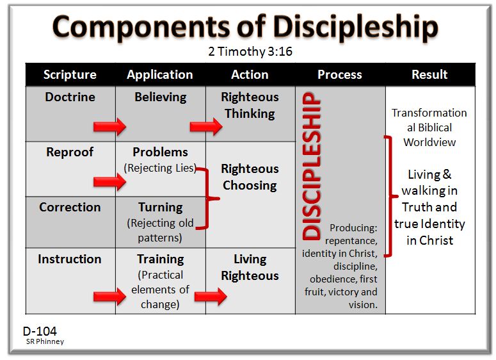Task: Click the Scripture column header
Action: (70, 75)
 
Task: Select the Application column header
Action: (160, 75)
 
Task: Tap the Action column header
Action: (250, 75)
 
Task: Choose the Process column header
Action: (340, 75)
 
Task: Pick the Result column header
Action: (429, 75)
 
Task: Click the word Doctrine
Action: (70, 97)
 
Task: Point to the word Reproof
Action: (70, 152)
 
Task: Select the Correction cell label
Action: (70, 208)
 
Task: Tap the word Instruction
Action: (70, 259)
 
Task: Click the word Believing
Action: (160, 97)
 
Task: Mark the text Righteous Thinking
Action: (250, 106)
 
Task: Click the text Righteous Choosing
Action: (250, 177)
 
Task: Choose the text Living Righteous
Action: (250, 268)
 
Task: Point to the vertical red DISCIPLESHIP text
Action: (311, 167)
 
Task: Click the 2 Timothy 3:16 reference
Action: (250, 52)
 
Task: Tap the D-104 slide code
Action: (39, 331)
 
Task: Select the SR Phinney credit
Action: (45, 342)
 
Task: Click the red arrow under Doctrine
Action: (109, 127)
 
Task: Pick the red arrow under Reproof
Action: (109, 183)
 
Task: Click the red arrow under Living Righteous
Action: (211, 297)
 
